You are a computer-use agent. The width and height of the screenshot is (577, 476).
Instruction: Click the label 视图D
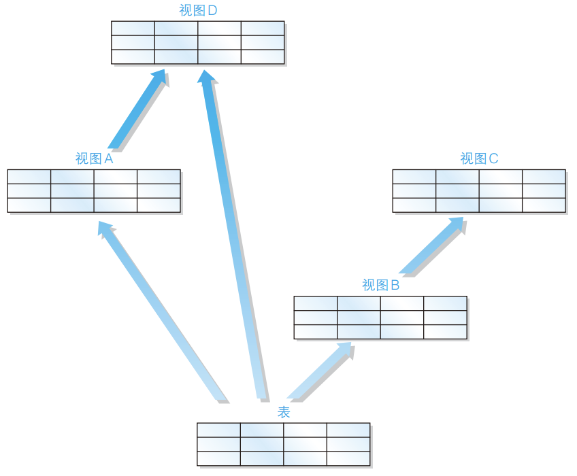[x=198, y=10]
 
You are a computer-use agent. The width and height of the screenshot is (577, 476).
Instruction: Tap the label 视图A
[x=94, y=158]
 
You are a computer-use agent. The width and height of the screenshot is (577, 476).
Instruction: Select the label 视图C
[x=479, y=158]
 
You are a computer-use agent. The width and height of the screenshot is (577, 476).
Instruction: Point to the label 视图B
[x=380, y=285]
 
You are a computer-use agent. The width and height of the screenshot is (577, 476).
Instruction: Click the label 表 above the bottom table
[x=284, y=412]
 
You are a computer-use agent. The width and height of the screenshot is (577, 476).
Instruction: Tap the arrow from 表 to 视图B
[x=320, y=371]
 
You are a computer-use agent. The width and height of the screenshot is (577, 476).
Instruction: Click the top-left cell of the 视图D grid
[x=133, y=28]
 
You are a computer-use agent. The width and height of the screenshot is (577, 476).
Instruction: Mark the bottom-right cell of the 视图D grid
[x=263, y=57]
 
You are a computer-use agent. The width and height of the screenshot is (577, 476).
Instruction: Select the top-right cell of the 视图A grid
[x=159, y=177]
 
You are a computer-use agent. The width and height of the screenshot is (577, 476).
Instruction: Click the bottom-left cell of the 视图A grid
[x=29, y=205]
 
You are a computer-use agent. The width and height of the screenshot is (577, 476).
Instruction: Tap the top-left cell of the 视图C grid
[x=414, y=177]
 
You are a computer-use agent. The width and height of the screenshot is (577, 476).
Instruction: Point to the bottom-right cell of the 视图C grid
[x=544, y=205]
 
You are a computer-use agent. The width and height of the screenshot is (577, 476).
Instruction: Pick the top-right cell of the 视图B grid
[x=445, y=303]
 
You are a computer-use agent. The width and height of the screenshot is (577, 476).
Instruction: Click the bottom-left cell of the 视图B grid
[x=316, y=332]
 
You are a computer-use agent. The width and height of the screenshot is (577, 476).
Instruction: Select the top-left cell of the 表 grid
[x=219, y=430]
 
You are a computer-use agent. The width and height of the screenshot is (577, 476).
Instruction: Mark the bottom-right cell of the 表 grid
[x=348, y=458]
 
